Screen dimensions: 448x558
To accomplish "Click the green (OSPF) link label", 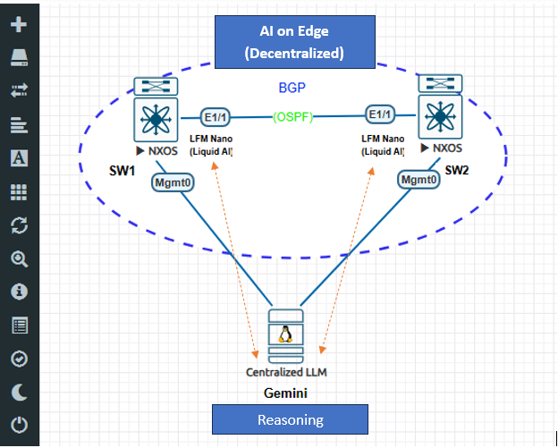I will [293, 116].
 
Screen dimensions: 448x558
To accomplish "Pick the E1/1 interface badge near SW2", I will [379, 115].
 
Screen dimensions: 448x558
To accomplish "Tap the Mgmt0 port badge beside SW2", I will [419, 179].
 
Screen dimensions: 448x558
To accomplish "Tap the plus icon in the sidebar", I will [19, 24].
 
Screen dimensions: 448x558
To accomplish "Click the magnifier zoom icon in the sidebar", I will [19, 259].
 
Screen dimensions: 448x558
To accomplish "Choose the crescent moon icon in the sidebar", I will [19, 392].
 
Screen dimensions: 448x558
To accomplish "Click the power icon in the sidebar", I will [19, 425].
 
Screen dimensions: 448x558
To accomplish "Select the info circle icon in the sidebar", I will [19, 292].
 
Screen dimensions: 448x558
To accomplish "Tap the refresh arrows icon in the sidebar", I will [19, 225].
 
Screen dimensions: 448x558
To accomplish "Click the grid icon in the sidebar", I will [19, 191].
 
